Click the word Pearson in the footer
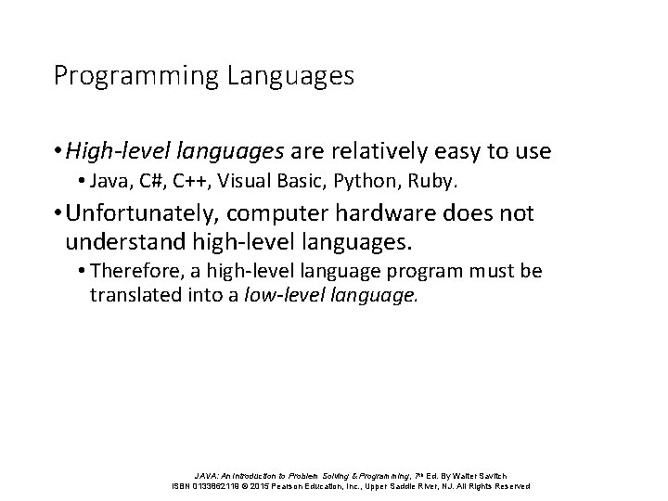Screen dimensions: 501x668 point(290,485)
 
